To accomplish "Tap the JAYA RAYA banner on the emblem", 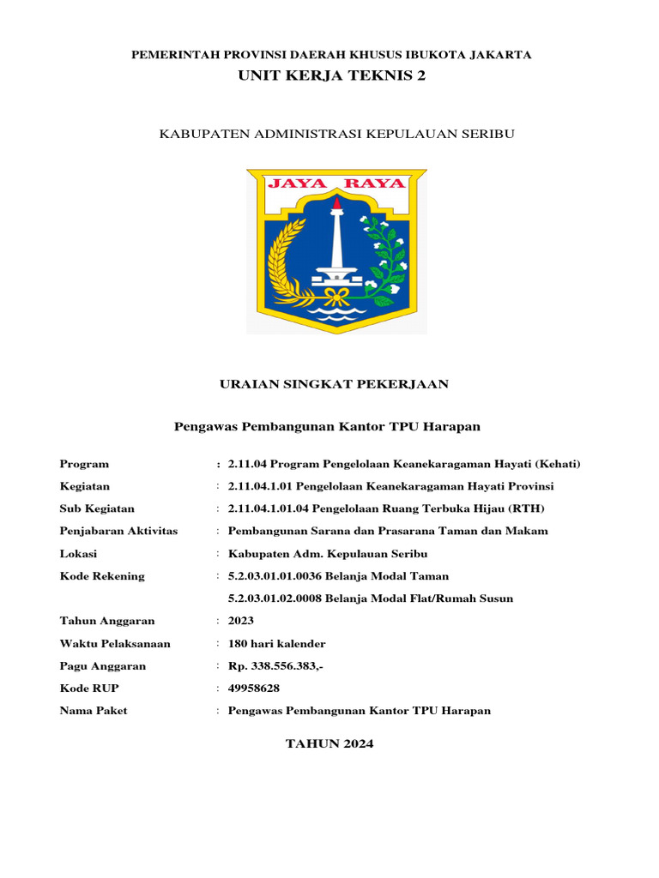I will tap(336, 183).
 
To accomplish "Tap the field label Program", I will tap(84, 464).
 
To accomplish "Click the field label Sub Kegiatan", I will tap(97, 508).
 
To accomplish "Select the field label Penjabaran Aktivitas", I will tap(118, 531).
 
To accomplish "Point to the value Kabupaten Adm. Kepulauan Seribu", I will tap(328, 553).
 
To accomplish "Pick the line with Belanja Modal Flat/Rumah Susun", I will tap(371, 598).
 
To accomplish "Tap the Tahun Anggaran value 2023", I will tap(241, 621).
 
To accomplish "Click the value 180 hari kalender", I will tap(277, 643).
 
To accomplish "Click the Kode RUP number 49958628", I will tap(254, 688).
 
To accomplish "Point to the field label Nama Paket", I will tap(94, 710).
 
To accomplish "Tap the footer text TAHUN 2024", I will tap(329, 744).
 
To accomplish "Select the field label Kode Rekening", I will tap(102, 576).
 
